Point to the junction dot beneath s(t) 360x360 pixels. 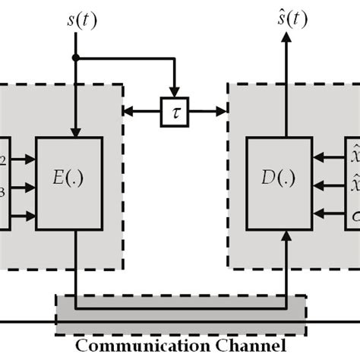click(x=75, y=58)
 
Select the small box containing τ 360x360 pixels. click(x=174, y=112)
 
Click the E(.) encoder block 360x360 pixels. click(x=74, y=184)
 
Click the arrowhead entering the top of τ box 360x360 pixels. click(x=174, y=93)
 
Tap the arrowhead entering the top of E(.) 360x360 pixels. click(x=75, y=131)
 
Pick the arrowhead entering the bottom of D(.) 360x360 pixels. click(x=286, y=237)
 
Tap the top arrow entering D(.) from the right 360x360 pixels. click(x=319, y=159)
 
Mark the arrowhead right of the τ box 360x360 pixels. click(x=222, y=112)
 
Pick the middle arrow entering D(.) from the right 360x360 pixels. click(x=319, y=184)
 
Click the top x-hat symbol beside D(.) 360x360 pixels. click(x=354, y=156)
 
